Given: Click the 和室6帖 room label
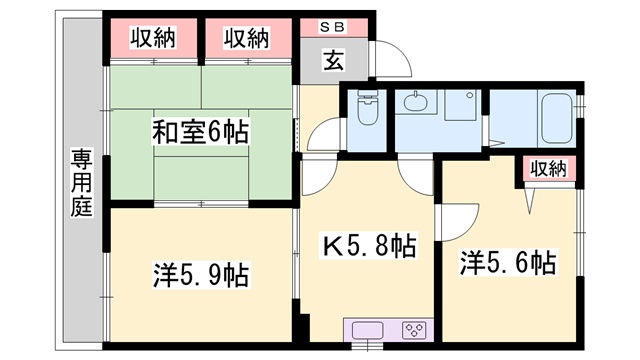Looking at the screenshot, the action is click(x=200, y=131).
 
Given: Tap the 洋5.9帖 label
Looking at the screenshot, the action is click(x=201, y=275).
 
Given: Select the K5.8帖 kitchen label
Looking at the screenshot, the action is click(x=369, y=245).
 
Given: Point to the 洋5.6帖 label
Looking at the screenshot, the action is click(x=508, y=262).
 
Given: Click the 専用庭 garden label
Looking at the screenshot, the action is click(x=82, y=182).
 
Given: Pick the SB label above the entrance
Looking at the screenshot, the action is click(x=332, y=27).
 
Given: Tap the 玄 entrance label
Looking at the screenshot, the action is click(x=333, y=60).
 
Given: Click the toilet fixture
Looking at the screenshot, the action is click(x=367, y=108).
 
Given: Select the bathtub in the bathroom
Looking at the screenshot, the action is click(x=558, y=117).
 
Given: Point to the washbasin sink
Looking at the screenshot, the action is click(x=415, y=101).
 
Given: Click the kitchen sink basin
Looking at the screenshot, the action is click(x=367, y=330).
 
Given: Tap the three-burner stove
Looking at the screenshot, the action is click(x=414, y=330).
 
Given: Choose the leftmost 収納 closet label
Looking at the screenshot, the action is click(x=153, y=38).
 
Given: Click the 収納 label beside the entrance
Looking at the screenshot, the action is click(x=246, y=38).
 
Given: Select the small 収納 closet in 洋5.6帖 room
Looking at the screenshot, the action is click(x=549, y=168).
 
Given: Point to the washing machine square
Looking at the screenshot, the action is click(x=460, y=105).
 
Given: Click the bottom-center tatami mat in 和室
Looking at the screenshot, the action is click(x=201, y=178).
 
